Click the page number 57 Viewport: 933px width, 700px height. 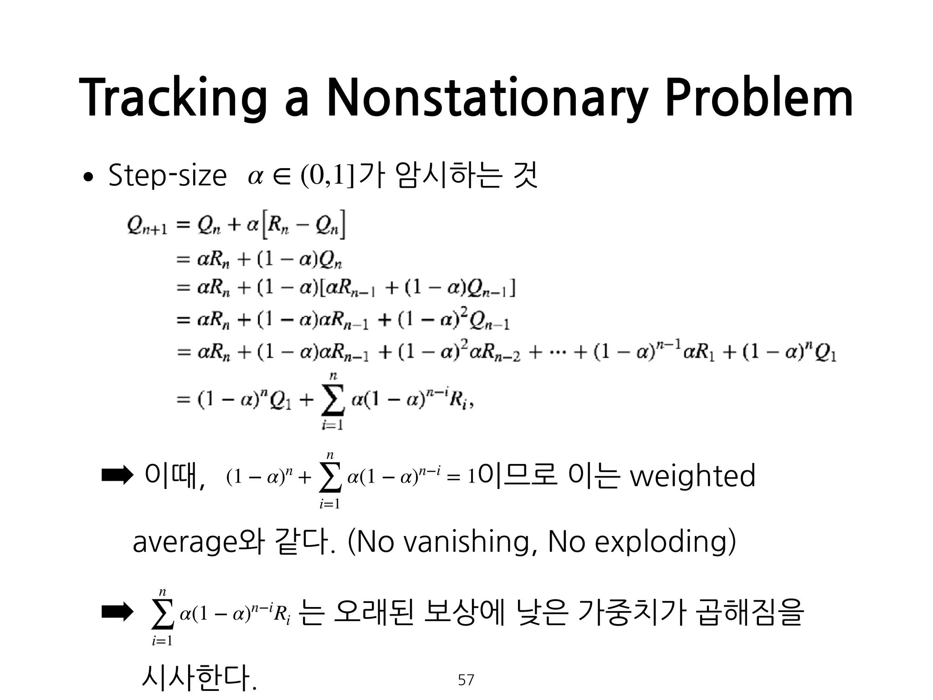(x=466, y=680)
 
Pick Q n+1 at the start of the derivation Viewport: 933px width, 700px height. (x=147, y=226)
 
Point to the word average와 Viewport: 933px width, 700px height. (x=198, y=542)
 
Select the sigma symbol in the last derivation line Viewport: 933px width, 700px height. (x=333, y=400)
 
